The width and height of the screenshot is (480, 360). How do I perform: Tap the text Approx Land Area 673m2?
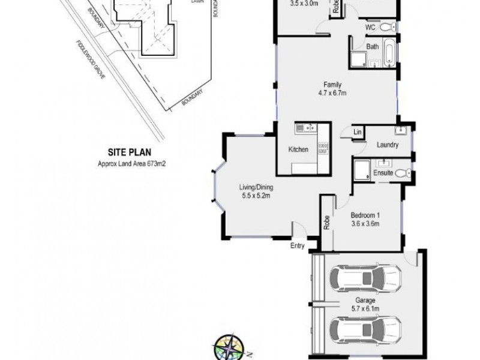click(131, 163)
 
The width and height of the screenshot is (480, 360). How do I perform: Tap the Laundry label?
click(388, 145)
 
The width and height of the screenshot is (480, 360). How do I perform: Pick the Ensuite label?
click(383, 173)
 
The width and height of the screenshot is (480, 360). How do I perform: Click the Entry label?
click(298, 245)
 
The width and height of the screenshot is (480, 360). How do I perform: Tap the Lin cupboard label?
click(357, 132)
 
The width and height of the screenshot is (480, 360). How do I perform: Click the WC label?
click(370, 27)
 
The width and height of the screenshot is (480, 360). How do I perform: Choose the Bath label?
click(372, 46)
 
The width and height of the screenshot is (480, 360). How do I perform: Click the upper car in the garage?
click(365, 278)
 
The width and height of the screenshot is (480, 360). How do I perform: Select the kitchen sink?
click(302, 127)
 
